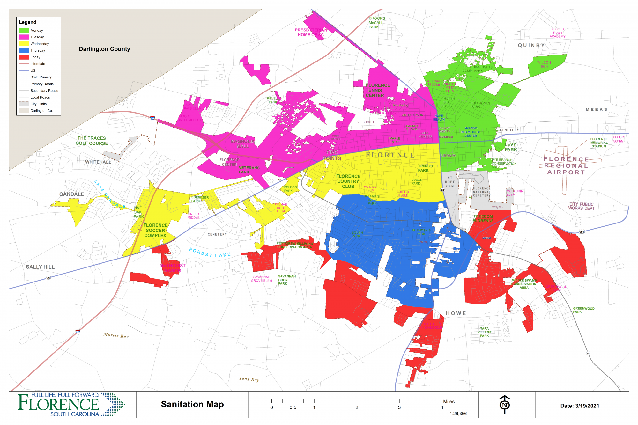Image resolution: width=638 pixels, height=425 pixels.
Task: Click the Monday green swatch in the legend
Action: (x=24, y=30)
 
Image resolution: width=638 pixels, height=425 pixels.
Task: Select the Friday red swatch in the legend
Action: (x=24, y=57)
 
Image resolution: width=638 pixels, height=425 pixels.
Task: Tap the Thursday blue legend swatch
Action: (x=24, y=50)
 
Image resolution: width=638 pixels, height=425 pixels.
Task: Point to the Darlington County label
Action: (x=104, y=49)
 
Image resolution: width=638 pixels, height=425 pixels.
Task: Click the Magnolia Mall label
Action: (x=242, y=144)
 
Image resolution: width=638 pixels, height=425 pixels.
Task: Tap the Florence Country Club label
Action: (x=348, y=181)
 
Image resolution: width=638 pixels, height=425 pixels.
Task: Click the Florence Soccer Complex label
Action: (x=155, y=230)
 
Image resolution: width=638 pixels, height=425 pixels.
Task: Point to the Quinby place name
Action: (x=531, y=45)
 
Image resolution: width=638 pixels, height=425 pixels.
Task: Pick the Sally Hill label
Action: (x=40, y=267)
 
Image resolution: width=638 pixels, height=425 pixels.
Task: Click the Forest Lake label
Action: (x=210, y=253)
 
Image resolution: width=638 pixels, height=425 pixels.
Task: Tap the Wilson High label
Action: (x=544, y=64)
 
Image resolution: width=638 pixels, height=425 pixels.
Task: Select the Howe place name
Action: (x=456, y=313)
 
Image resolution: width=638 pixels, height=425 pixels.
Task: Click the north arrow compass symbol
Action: (x=504, y=404)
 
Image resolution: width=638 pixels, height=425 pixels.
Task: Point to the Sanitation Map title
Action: (x=192, y=404)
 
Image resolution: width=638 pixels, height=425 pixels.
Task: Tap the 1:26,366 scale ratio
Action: (x=458, y=414)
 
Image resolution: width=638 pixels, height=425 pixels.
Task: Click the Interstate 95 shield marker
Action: (x=78, y=332)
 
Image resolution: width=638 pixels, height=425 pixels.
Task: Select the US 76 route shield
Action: (x=48, y=278)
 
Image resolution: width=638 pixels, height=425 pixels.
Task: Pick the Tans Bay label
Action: (x=249, y=379)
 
